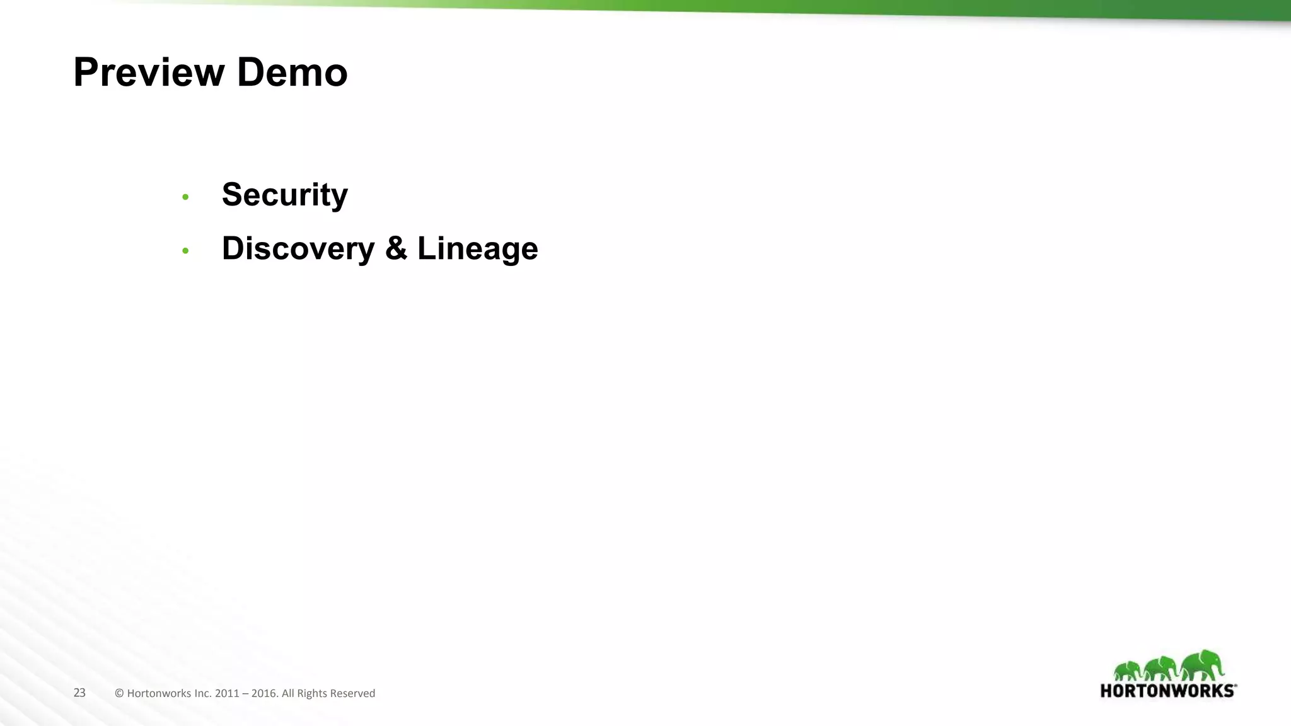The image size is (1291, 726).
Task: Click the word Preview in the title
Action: click(x=149, y=72)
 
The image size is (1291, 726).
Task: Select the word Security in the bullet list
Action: click(x=284, y=195)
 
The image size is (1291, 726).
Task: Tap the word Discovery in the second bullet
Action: click(x=298, y=248)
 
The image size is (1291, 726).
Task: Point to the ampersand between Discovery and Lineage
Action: click(x=396, y=248)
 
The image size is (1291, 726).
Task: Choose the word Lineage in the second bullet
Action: click(x=477, y=248)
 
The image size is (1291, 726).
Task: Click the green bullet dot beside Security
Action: click(x=185, y=197)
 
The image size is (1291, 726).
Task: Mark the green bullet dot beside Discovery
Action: click(x=185, y=251)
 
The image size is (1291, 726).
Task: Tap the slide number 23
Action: click(x=79, y=693)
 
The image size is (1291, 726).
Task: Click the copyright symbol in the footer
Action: click(x=119, y=693)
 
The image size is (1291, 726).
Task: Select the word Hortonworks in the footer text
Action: click(x=159, y=693)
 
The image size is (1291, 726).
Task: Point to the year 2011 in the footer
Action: click(x=227, y=693)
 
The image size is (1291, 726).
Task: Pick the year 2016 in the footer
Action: click(x=264, y=693)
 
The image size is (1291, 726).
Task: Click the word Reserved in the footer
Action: click(x=353, y=693)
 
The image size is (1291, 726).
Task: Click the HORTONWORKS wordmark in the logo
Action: click(x=1168, y=691)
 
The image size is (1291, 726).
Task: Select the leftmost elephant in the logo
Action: click(x=1127, y=671)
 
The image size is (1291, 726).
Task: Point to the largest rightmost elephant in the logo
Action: click(x=1201, y=664)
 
